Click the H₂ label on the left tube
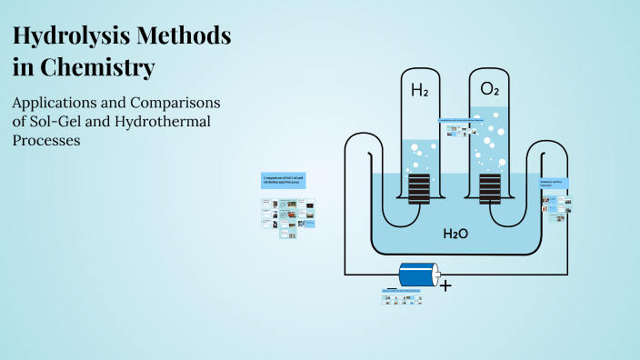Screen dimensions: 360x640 pos(419,90)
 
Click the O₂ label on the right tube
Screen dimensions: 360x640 pos(489,89)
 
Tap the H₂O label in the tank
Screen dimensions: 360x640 pos(455,234)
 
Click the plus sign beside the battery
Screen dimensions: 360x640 pos(446,285)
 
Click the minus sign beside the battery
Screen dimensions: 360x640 pos(392,285)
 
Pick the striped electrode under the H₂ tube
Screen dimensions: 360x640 pos(419,189)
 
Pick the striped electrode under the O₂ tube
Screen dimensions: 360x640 pos(489,189)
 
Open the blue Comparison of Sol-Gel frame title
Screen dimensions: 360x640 pos(283,179)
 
